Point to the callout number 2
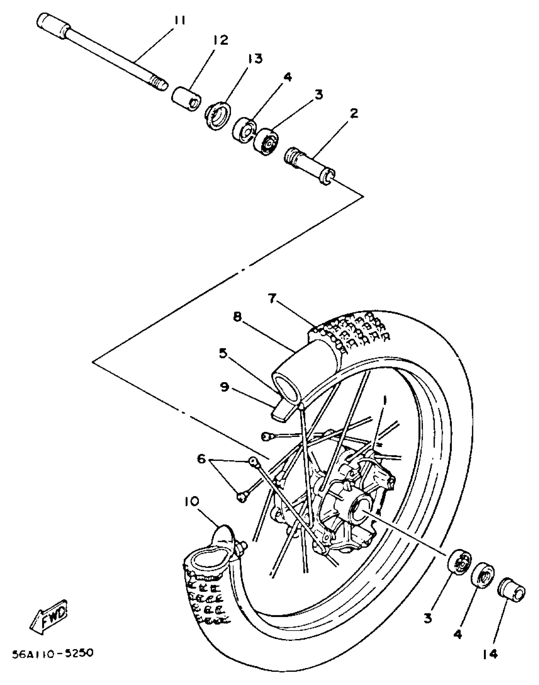354,113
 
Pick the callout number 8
237,316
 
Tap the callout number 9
224,387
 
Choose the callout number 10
191,501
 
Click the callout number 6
202,459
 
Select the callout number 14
490,654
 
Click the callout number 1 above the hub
385,401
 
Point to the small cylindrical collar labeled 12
186,98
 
